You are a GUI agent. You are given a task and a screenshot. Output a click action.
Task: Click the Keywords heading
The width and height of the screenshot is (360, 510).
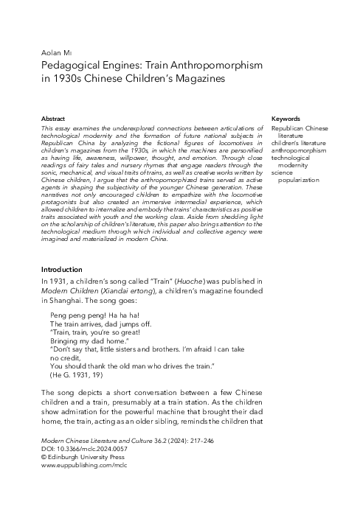coord(285,119)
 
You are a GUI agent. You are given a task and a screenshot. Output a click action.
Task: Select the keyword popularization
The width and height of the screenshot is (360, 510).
coord(300,179)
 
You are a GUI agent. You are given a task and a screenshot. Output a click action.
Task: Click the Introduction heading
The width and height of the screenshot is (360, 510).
coord(62,270)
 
